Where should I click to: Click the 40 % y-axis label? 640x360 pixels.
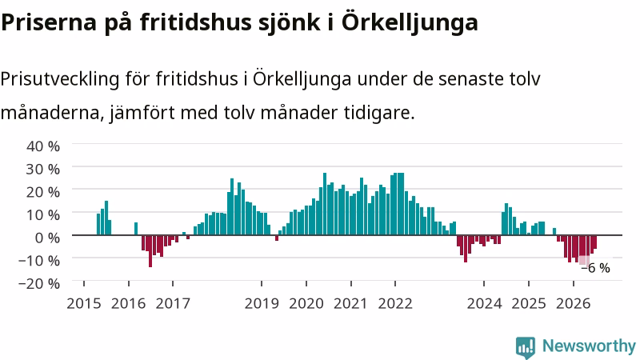coord(43,146)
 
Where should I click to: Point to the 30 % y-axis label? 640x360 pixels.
coord(43,169)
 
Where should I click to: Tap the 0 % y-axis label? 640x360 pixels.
coord(47,238)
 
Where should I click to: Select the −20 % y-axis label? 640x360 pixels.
coord(39,283)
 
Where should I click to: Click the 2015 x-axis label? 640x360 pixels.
coord(84,303)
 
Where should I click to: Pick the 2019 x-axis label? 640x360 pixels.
coord(262,303)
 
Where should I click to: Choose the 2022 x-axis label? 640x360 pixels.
coord(395,303)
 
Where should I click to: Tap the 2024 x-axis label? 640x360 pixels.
coord(484,303)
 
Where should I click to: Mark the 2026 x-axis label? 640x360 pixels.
coord(573,303)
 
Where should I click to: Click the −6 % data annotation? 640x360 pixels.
coord(595,268)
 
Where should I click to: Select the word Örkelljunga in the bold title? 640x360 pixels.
coord(410,22)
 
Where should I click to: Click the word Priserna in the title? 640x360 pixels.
coord(49,22)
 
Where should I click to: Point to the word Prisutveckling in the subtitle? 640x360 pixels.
coord(60,78)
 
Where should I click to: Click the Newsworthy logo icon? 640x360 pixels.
coord(526,347)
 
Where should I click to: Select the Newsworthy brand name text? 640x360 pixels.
coord(589,346)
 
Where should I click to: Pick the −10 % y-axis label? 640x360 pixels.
coord(39,261)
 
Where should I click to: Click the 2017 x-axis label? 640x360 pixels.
coord(173,303)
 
